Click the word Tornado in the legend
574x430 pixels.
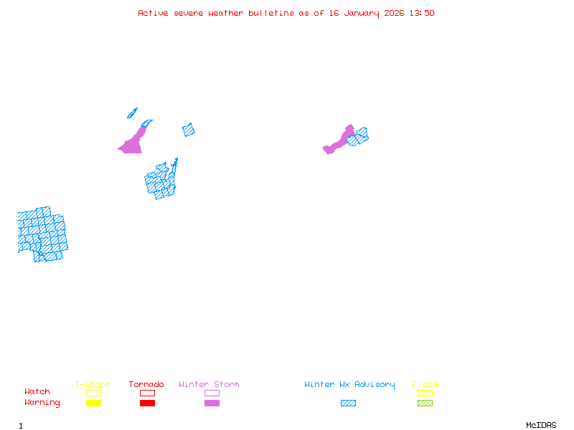pos(146,385)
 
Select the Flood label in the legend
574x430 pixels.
pos(424,385)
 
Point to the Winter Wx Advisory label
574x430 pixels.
pos(349,385)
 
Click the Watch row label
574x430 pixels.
pos(37,392)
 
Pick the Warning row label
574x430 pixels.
pos(42,403)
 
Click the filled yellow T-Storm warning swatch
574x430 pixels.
pos(93,403)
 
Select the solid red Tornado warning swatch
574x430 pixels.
pos(147,403)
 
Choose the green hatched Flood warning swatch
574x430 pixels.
pos(425,403)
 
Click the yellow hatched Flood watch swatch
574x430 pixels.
pos(425,393)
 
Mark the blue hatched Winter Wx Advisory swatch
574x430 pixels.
pos(348,403)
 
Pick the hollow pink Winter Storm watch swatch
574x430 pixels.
pos(212,393)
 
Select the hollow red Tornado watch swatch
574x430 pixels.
pos(147,393)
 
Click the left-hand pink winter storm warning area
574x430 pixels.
pos(132,144)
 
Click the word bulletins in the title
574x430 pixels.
pos(271,13)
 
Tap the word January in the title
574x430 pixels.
pos(359,13)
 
